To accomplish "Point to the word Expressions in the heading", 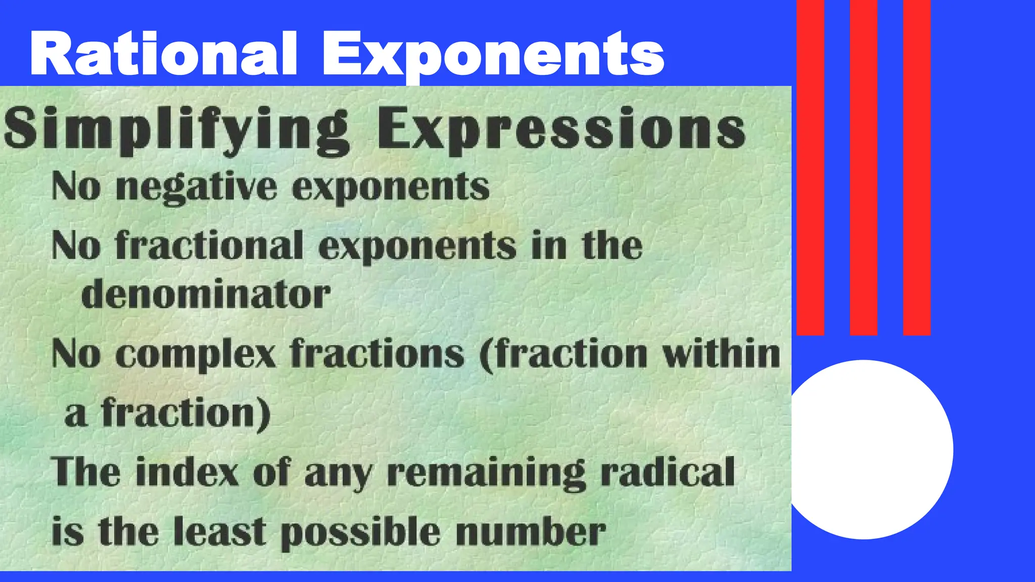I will point(561,129).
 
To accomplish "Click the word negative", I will point(197,187).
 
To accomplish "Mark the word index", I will point(187,472).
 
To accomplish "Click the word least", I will point(219,531).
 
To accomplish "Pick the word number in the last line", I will point(530,531).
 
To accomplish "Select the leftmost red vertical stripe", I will point(810,167).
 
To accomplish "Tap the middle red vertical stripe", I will point(863,167).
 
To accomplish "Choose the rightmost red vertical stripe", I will point(916,167).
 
